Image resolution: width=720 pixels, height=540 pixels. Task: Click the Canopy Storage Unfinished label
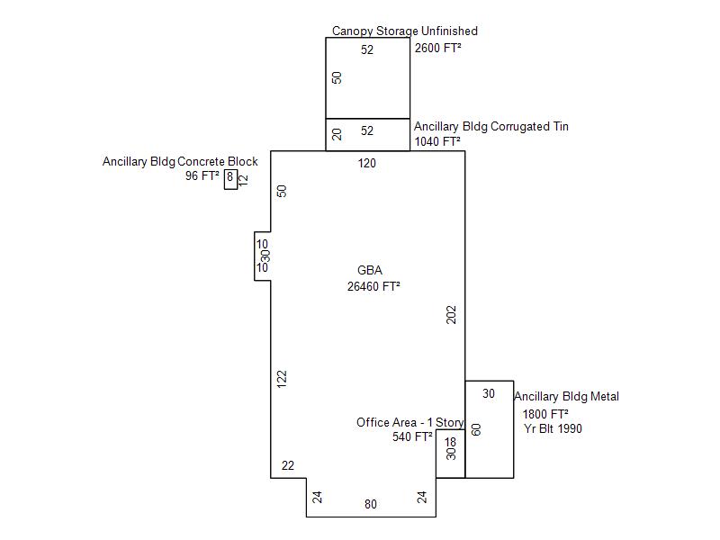tap(404, 31)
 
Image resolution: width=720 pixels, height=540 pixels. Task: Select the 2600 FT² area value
tap(437, 48)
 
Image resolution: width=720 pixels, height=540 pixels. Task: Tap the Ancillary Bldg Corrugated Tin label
tap(490, 126)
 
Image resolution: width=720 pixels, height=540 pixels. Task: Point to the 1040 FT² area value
tap(437, 141)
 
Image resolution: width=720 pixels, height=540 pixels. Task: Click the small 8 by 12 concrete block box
tap(230, 179)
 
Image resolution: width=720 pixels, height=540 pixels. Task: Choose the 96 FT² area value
tap(202, 175)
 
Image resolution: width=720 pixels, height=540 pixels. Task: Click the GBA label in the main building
tap(370, 270)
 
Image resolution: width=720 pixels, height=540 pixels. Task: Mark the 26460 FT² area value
tap(373, 286)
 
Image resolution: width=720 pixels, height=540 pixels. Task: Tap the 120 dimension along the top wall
tap(367, 163)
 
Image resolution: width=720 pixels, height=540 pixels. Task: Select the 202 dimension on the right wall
tap(452, 315)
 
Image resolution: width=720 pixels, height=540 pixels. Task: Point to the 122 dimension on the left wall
tap(282, 379)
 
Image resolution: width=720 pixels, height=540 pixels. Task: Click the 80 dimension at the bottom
tap(371, 504)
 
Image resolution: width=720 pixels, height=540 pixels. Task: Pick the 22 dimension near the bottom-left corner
tap(288, 465)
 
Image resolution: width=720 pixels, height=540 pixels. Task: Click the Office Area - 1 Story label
tap(410, 422)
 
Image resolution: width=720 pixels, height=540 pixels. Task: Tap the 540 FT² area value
tap(412, 436)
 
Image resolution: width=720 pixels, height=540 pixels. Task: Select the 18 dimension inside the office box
tap(451, 442)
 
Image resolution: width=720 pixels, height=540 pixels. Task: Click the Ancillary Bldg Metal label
tap(566, 396)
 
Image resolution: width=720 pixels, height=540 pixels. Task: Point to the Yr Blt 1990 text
tap(553, 428)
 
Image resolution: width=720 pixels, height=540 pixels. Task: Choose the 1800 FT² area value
tap(545, 414)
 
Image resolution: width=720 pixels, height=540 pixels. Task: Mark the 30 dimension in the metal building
tap(489, 393)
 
